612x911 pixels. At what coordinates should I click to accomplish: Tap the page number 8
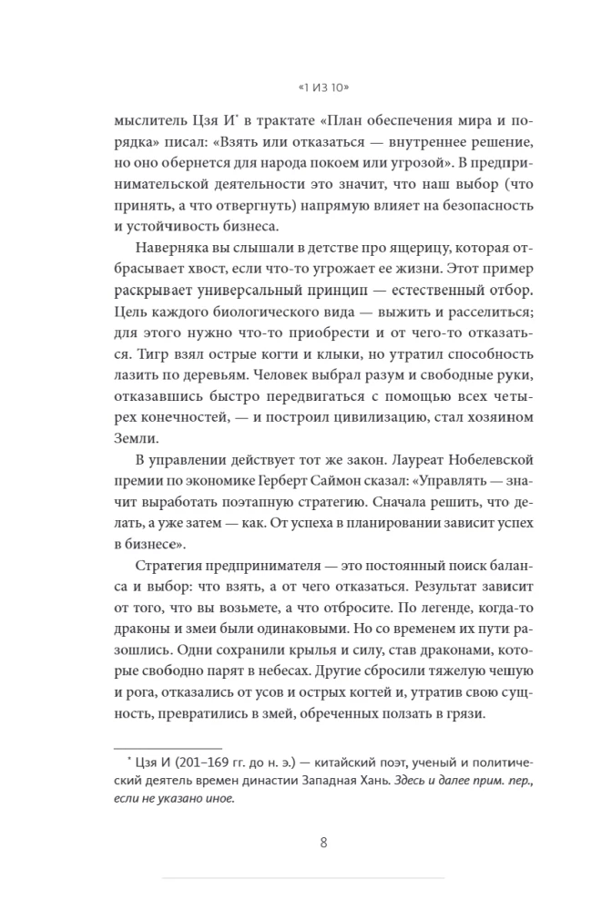(x=323, y=842)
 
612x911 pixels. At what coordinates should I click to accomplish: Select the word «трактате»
(x=294, y=121)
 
